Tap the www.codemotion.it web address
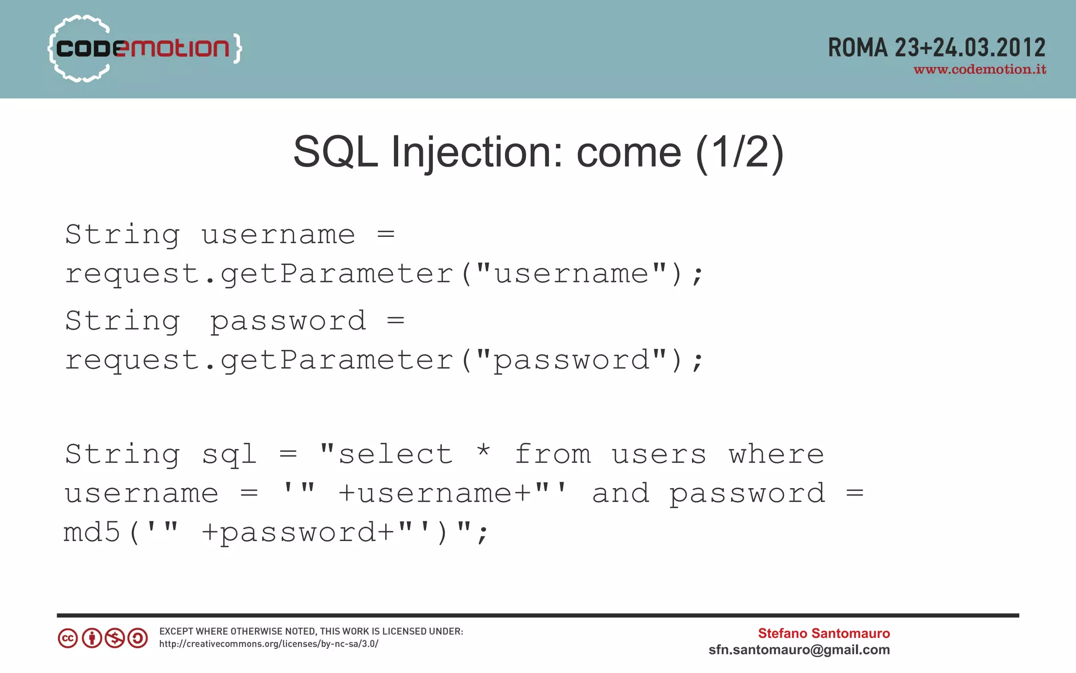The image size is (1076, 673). pyautogui.click(x=980, y=69)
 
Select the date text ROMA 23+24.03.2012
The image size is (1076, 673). pyautogui.click(x=937, y=48)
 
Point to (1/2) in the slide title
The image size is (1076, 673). pyautogui.click(x=740, y=152)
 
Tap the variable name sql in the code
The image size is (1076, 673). pyautogui.click(x=229, y=455)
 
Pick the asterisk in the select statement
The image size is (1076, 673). pyautogui.click(x=483, y=451)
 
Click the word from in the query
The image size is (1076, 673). pyautogui.click(x=553, y=454)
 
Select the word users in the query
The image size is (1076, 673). pyautogui.click(x=659, y=455)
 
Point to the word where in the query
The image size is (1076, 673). pyautogui.click(x=776, y=454)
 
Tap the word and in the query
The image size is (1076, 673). pyautogui.click(x=620, y=493)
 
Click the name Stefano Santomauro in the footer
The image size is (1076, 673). pyautogui.click(x=823, y=633)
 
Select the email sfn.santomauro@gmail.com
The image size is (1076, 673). pyautogui.click(x=799, y=650)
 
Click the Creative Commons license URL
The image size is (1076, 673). pyautogui.click(x=268, y=644)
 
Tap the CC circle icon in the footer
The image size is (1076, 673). pyautogui.click(x=68, y=638)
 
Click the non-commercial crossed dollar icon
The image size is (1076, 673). pyautogui.click(x=115, y=638)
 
